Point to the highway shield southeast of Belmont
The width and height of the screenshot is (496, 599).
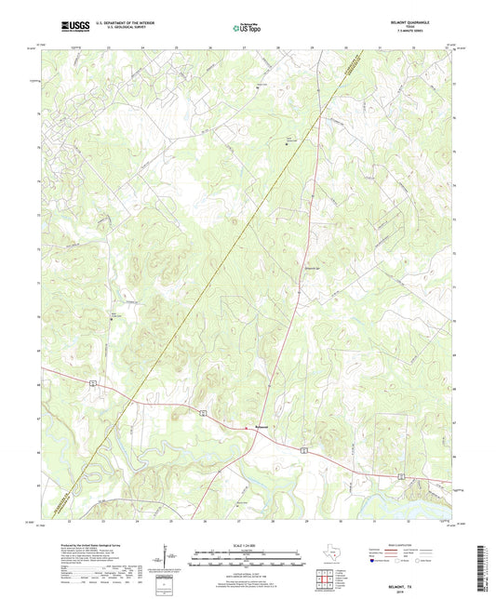click(303, 449)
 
